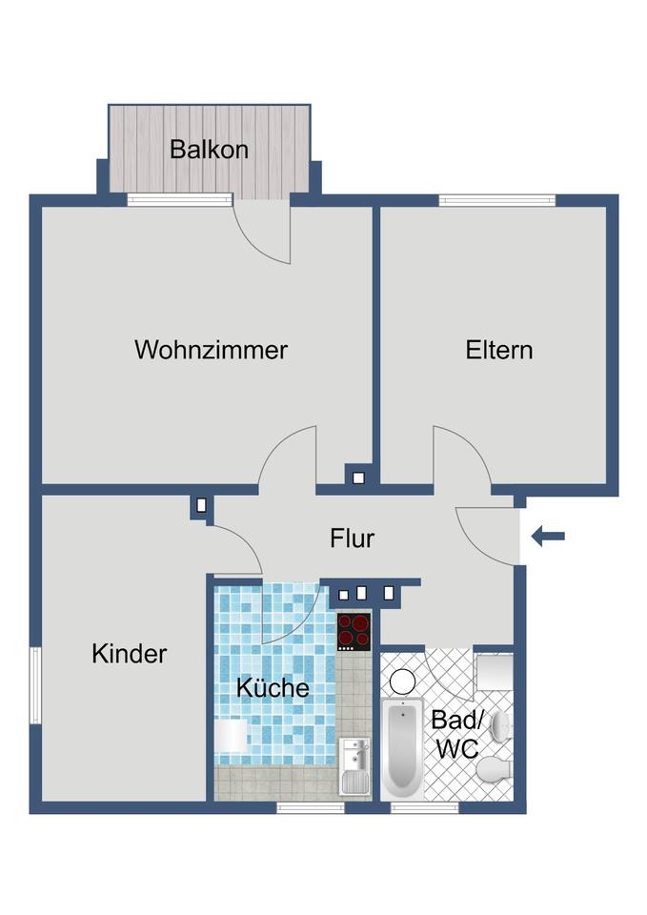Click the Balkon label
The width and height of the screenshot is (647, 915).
pyautogui.click(x=209, y=150)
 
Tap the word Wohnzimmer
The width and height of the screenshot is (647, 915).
pyautogui.click(x=211, y=350)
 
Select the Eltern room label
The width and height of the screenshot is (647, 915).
pyautogui.click(x=498, y=350)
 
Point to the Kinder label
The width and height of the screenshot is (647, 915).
pyautogui.click(x=130, y=654)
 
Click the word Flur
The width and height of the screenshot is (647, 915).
pyautogui.click(x=353, y=539)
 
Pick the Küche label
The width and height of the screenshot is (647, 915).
pyautogui.click(x=273, y=687)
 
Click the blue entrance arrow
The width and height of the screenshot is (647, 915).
pyautogui.click(x=548, y=537)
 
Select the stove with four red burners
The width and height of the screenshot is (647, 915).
pyautogui.click(x=354, y=630)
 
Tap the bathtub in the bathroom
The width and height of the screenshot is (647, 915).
pyautogui.click(x=401, y=748)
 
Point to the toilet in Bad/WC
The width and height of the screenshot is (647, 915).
pyautogui.click(x=494, y=768)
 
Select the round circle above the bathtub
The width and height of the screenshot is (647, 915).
pyautogui.click(x=403, y=681)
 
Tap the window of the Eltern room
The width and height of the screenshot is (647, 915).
pyautogui.click(x=496, y=200)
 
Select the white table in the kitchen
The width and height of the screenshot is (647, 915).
pyautogui.click(x=232, y=736)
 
